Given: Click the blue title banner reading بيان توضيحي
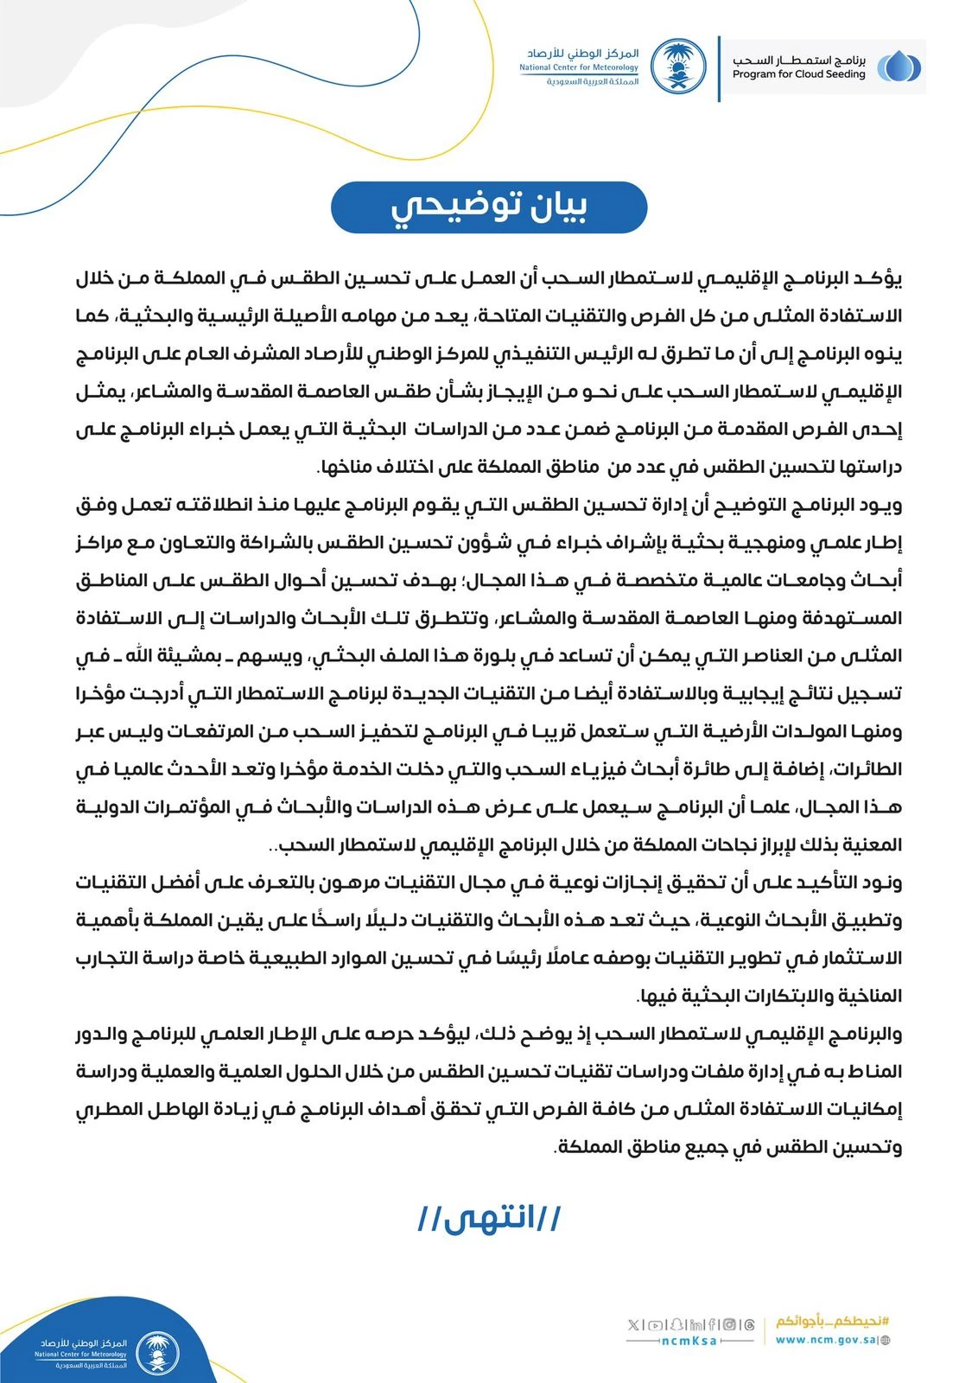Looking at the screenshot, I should [489, 207].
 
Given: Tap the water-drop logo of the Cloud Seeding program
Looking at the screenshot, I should [898, 67].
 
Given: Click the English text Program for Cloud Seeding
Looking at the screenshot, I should [798, 74].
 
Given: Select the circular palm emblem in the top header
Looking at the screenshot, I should [677, 67].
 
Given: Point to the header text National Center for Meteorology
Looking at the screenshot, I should [579, 67].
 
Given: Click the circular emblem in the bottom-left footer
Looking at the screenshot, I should [157, 1353].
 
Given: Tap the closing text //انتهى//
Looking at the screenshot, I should [489, 1218].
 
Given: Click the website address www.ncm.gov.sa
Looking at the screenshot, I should [825, 1340].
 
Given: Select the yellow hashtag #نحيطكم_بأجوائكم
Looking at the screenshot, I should [832, 1322].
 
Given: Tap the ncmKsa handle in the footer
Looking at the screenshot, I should [689, 1341].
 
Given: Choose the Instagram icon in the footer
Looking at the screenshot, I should [730, 1324].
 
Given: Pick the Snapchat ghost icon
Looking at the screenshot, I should [677, 1324].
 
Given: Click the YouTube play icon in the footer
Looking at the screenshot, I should [657, 1324].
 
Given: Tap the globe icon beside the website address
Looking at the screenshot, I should [885, 1341].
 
